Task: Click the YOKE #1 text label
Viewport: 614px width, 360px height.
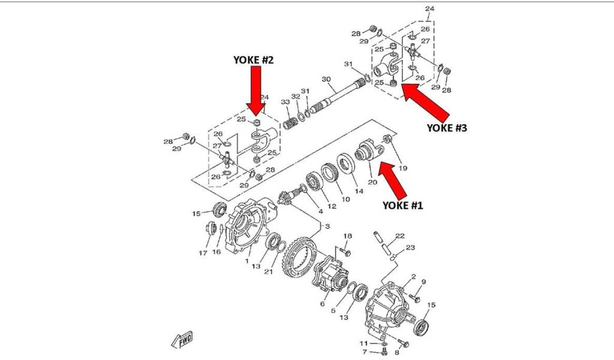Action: pyautogui.click(x=403, y=205)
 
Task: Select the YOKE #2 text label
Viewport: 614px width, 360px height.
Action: pyautogui.click(x=254, y=61)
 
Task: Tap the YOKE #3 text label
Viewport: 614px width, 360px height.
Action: pyautogui.click(x=446, y=128)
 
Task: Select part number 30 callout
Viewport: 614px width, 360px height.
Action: pyautogui.click(x=326, y=80)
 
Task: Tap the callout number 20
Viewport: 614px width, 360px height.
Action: pyautogui.click(x=372, y=182)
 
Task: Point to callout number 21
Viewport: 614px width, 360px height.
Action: pyautogui.click(x=269, y=271)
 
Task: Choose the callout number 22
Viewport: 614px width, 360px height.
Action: pyautogui.click(x=400, y=236)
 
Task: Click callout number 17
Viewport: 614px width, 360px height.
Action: pyautogui.click(x=203, y=253)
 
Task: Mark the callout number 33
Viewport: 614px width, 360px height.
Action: pyautogui.click(x=285, y=102)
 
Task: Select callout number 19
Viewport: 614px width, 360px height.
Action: pyautogui.click(x=403, y=169)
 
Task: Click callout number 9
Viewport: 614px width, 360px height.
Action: pyautogui.click(x=423, y=282)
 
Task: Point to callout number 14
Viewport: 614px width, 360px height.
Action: pyautogui.click(x=359, y=191)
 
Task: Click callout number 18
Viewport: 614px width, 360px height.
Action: pyautogui.click(x=347, y=236)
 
